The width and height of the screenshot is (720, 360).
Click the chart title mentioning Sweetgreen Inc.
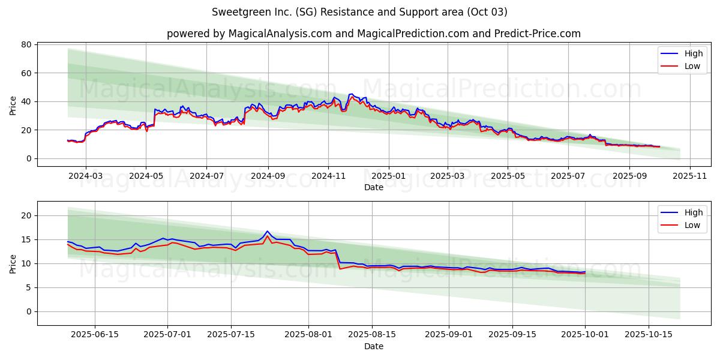(359, 12)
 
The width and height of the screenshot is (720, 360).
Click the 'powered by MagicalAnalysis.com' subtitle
(373, 34)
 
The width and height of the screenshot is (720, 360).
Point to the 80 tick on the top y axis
(26, 44)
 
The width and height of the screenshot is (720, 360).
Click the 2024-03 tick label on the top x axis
(85, 176)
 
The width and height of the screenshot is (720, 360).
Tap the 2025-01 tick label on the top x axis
(388, 176)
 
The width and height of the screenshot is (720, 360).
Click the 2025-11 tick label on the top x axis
(690, 176)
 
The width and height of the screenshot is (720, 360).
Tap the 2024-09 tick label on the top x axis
(267, 176)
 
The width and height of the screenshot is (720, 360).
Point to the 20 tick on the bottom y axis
(26, 215)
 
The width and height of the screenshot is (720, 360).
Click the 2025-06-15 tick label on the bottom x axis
(95, 335)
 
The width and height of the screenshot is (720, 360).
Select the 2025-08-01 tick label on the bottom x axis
(309, 335)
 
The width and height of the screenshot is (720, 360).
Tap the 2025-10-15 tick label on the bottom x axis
(648, 335)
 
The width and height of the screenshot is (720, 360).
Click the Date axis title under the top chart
(373, 188)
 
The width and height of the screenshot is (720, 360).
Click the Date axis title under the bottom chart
(373, 346)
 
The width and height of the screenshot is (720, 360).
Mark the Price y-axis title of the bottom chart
(13, 263)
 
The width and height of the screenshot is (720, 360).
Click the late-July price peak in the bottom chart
(268, 232)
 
